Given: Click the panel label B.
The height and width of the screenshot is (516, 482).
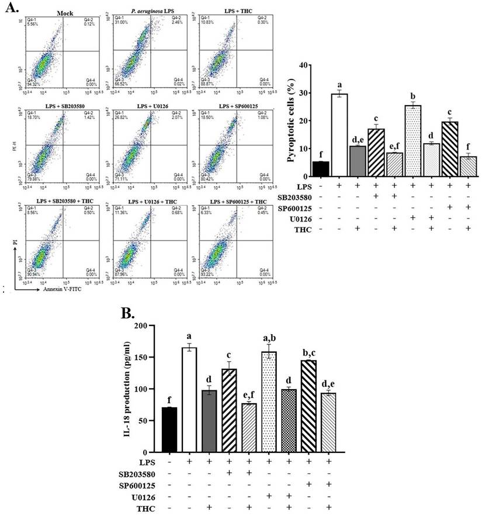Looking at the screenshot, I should tap(130, 313).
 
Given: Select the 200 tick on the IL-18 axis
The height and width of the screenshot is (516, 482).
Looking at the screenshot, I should tap(140, 325).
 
